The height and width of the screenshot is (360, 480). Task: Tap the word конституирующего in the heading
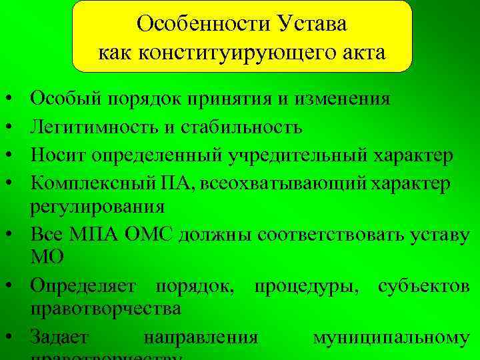[237, 52]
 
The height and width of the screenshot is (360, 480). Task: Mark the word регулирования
[97, 207]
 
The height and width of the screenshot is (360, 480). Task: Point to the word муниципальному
[391, 337]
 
